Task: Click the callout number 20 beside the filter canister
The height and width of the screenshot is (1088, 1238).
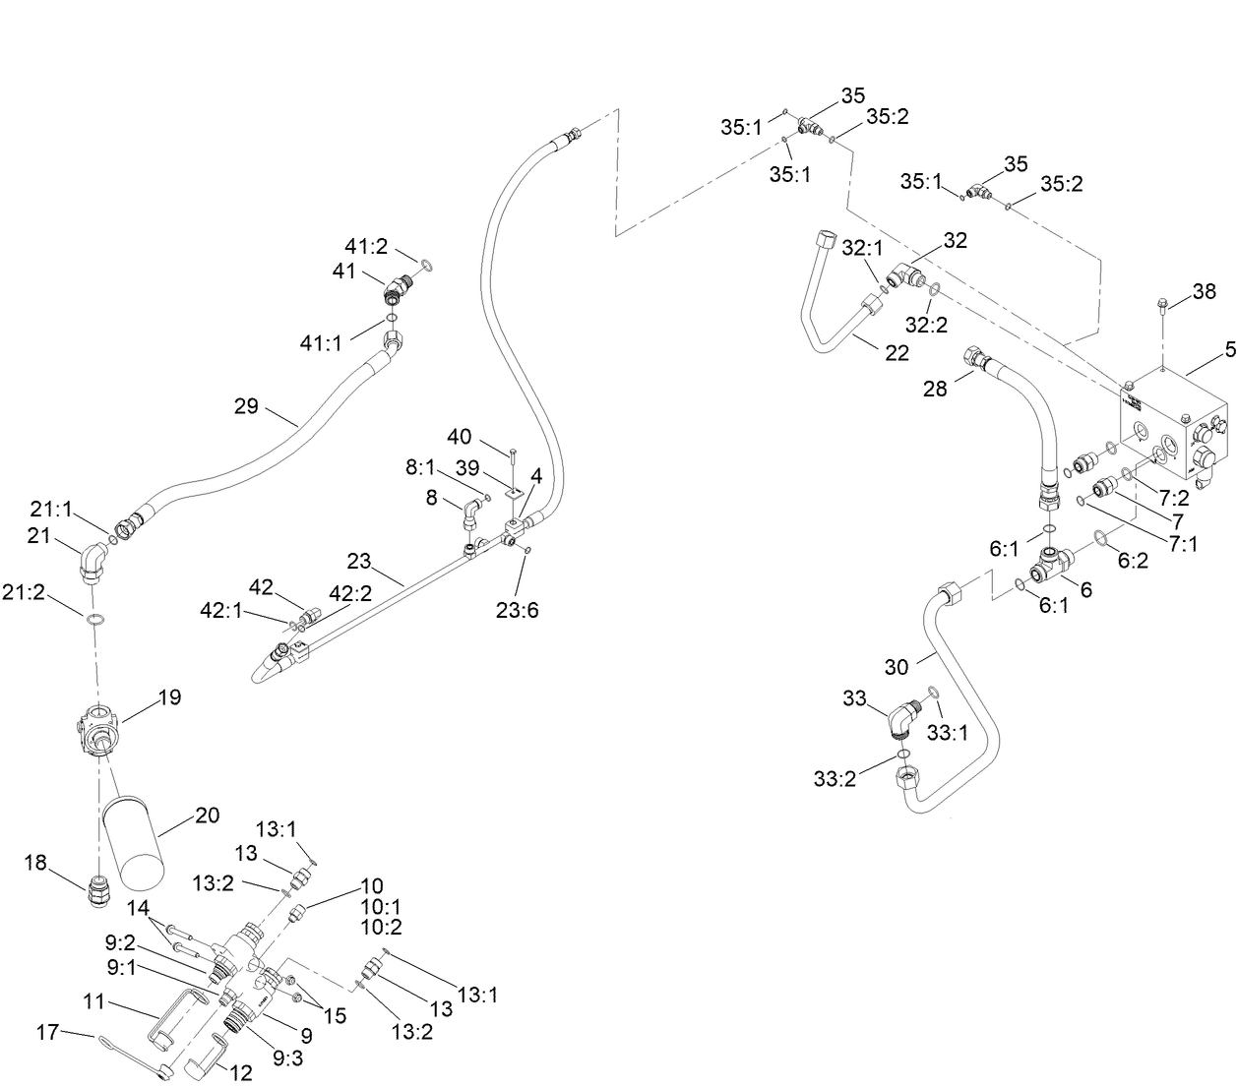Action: (207, 816)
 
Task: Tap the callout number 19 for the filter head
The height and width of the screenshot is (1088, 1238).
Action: (169, 697)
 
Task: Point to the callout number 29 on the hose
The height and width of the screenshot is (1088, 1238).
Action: (246, 405)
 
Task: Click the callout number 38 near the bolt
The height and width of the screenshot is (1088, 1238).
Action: (1204, 291)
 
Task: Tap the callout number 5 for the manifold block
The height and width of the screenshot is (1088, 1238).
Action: (1229, 349)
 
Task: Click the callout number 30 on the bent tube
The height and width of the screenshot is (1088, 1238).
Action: (896, 666)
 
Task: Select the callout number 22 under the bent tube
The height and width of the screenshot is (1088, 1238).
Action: (897, 353)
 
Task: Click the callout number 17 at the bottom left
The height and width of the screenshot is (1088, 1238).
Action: (47, 1032)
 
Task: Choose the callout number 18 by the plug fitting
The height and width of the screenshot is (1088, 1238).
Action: (35, 863)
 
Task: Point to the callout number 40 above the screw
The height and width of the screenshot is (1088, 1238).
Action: (459, 437)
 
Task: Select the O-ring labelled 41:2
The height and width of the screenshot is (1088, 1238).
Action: (426, 266)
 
